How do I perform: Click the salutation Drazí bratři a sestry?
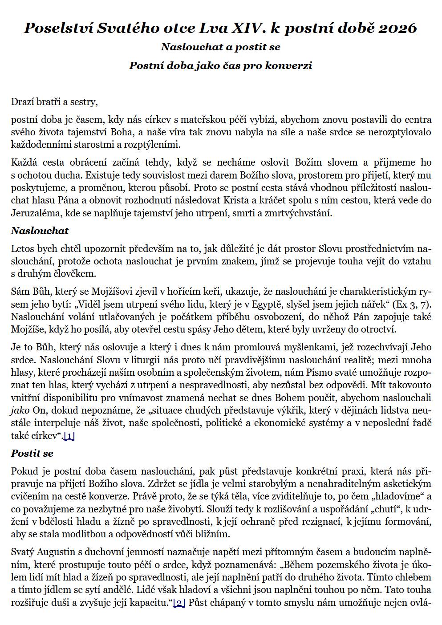pyautogui.click(x=54, y=102)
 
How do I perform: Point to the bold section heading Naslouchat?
pyautogui.click(x=40, y=231)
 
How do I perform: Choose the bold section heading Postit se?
pyautogui.click(x=32, y=453)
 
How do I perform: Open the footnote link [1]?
pyautogui.click(x=69, y=436)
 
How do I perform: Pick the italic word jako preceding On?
pyautogui.click(x=19, y=410)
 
